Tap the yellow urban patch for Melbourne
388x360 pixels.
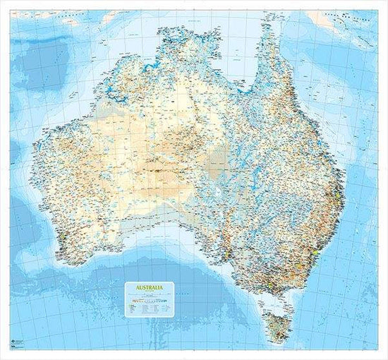271,288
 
